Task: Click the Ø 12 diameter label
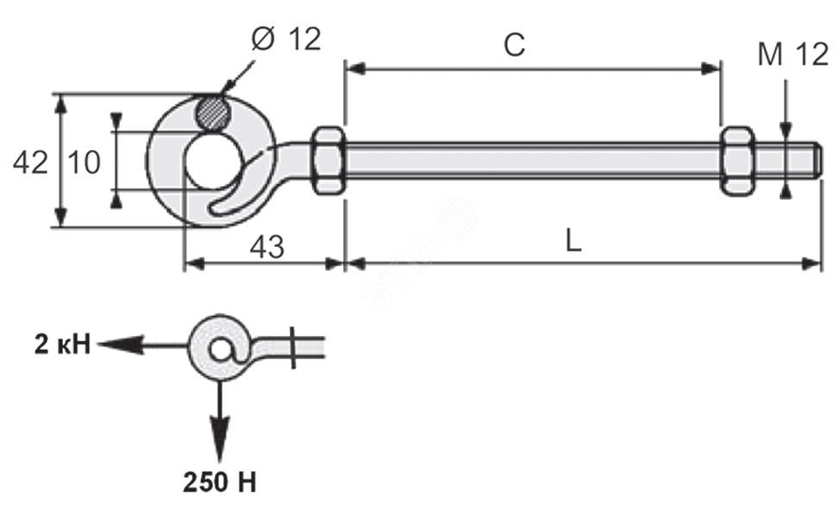[x=286, y=39]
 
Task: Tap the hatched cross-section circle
[x=213, y=112]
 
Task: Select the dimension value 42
[x=30, y=163]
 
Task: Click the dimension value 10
[x=84, y=163]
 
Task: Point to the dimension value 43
[x=267, y=246]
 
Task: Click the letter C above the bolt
[x=515, y=45]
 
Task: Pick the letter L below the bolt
[x=573, y=241]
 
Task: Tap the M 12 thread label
[x=793, y=54]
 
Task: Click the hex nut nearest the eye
[x=328, y=160]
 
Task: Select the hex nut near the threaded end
[x=737, y=160]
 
